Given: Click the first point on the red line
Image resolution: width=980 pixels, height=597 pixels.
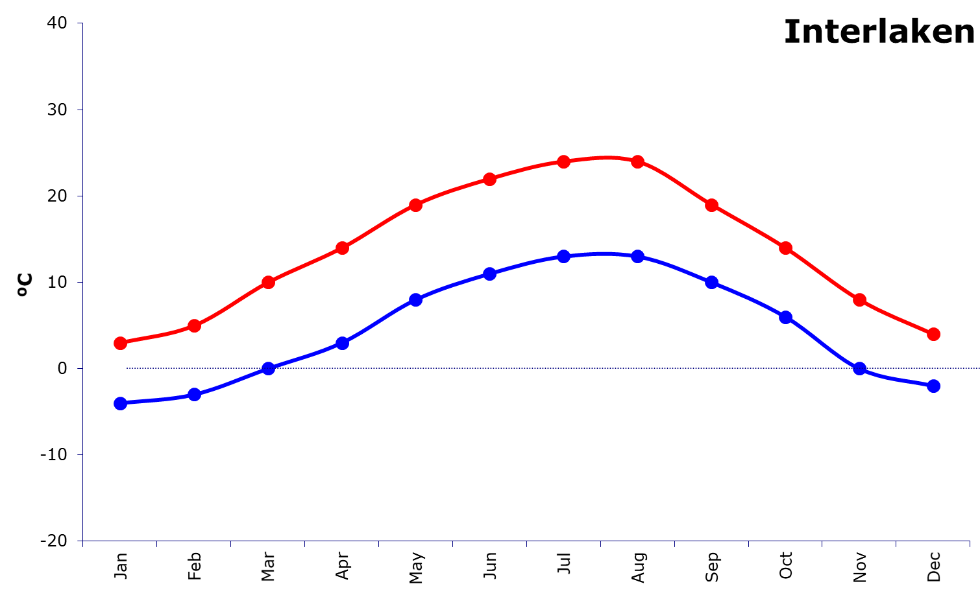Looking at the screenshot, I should (x=120, y=343).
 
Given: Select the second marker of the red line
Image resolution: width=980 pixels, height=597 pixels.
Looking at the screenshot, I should (x=194, y=325).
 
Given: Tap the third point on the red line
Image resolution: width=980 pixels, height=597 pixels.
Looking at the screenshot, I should (x=268, y=282).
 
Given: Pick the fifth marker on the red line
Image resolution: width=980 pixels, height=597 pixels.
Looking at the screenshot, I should (x=416, y=205).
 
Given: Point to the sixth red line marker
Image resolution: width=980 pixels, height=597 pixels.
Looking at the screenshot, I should (x=490, y=179).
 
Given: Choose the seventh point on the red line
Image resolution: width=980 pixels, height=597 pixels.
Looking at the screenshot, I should (x=564, y=161).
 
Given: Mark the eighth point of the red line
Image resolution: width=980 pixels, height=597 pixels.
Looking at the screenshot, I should (x=638, y=161).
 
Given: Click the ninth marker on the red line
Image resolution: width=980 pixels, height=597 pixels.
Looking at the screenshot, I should (x=712, y=205).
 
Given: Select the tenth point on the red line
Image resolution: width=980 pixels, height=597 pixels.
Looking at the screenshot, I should (x=786, y=248).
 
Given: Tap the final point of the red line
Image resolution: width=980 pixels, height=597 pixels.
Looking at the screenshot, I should (x=933, y=334).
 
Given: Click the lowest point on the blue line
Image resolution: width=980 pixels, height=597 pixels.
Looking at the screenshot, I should (x=120, y=403).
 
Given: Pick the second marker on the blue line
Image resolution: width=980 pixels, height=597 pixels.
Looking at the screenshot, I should (x=194, y=394).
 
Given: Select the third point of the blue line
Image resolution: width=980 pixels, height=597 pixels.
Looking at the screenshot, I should (x=268, y=368).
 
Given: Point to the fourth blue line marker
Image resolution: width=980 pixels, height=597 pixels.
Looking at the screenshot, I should (x=342, y=343).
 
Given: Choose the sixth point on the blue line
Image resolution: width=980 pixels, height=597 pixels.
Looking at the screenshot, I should (x=490, y=274).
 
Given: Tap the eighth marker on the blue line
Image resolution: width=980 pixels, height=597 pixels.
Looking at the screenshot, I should (x=638, y=256).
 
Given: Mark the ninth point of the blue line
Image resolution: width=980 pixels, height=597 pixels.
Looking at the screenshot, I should (x=712, y=282).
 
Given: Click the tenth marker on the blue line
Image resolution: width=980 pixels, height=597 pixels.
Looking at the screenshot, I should (x=786, y=317).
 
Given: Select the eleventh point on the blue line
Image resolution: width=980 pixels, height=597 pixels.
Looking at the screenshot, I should (x=860, y=368).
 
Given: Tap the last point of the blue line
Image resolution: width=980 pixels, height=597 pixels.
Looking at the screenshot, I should (x=933, y=386).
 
